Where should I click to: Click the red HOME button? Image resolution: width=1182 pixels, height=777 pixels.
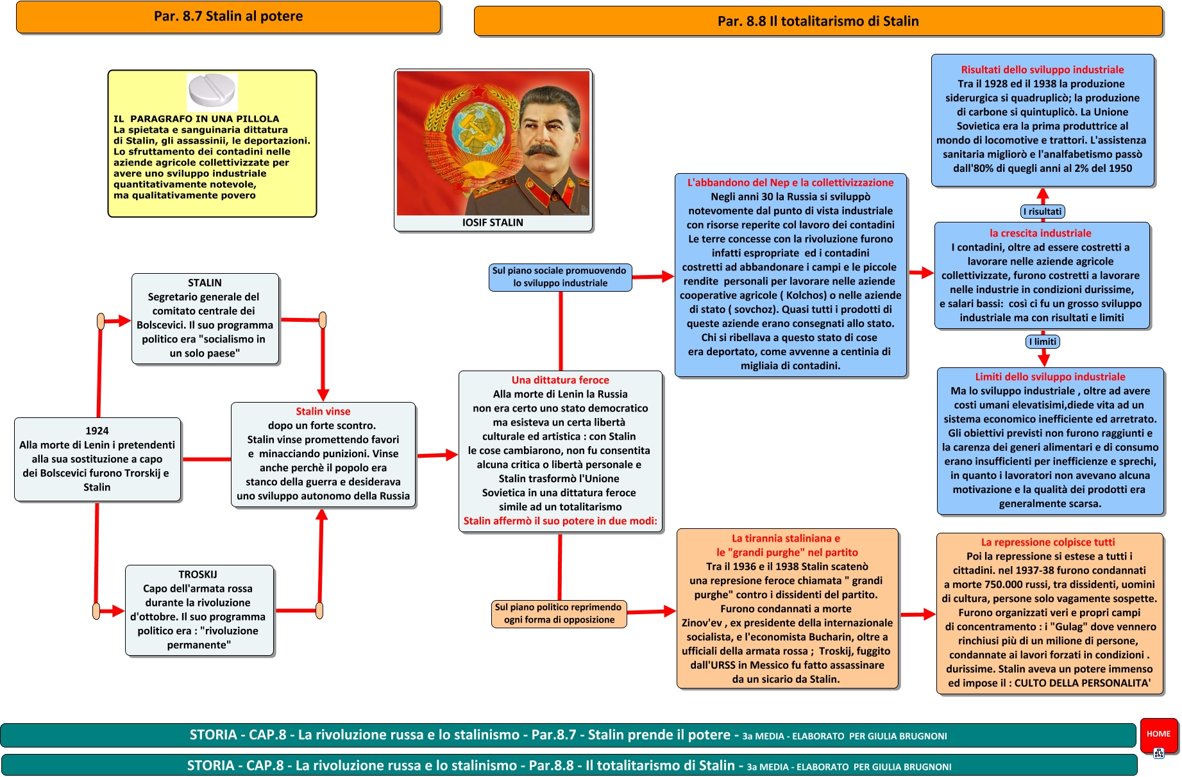[1158, 734]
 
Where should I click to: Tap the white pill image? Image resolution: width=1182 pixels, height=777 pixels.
[212, 90]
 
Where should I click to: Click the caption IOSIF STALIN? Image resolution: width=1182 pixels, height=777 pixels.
[493, 222]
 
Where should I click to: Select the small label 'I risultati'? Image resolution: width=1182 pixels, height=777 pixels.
[1042, 212]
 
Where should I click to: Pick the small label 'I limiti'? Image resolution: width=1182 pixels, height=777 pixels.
[1043, 342]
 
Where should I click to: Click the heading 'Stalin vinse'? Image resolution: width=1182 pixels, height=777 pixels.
[323, 412]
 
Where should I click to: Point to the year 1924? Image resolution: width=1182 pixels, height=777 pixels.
[97, 431]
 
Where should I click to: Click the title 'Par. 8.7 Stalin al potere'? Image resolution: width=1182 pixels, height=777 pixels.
[228, 17]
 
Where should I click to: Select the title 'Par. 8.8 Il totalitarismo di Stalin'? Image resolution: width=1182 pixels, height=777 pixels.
[818, 21]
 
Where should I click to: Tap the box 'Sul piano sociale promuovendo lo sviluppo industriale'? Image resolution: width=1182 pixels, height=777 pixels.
[560, 277]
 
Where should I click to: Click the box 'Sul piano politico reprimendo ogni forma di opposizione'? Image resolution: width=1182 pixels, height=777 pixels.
[559, 614]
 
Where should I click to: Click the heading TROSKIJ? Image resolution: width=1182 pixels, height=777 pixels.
[198, 574]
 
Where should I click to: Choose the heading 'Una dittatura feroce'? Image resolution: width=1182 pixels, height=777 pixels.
[560, 380]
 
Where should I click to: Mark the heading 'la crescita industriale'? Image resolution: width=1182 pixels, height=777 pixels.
[1040, 233]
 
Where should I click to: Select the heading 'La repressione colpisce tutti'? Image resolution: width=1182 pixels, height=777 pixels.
[1048, 542]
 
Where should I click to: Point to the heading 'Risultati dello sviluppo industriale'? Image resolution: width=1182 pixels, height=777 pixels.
[1042, 70]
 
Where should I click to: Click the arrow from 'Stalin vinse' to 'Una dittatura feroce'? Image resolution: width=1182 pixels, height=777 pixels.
[437, 455]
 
